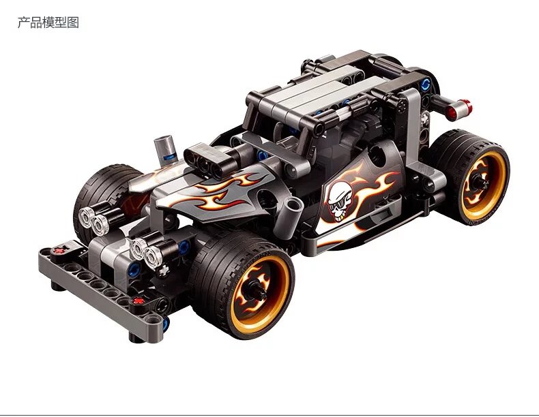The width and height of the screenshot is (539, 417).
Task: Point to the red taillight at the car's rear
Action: (459, 108)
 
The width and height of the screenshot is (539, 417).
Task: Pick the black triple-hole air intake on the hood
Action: (206, 161)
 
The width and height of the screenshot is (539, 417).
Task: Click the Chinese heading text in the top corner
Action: (48, 22)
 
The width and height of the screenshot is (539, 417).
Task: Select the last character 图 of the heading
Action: (73, 22)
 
